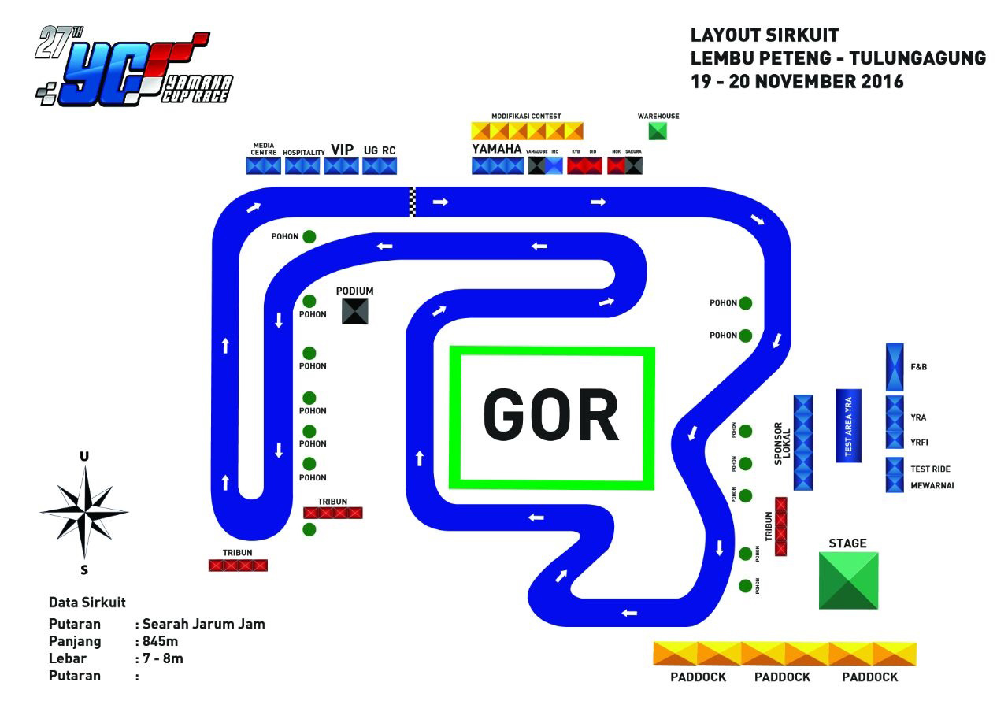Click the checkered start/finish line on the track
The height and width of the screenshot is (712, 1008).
(412, 202)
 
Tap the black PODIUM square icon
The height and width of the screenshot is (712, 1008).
(356, 311)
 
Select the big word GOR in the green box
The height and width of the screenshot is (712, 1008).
(551, 416)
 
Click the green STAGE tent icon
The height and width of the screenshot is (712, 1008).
(848, 580)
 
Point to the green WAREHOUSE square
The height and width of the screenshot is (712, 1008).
(658, 131)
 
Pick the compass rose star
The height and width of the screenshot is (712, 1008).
(84, 511)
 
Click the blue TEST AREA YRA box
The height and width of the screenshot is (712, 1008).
(848, 425)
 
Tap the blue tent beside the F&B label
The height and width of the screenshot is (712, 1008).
(895, 367)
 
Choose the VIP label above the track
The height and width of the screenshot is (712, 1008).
(342, 150)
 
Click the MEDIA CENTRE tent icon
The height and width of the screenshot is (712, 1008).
(264, 165)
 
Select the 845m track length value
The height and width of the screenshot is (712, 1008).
(161, 641)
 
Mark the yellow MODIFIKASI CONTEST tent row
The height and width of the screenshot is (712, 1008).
(527, 131)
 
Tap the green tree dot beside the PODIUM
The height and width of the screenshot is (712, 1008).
(309, 301)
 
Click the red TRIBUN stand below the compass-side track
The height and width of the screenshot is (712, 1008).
(238, 565)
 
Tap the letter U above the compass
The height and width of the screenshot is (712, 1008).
(84, 457)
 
